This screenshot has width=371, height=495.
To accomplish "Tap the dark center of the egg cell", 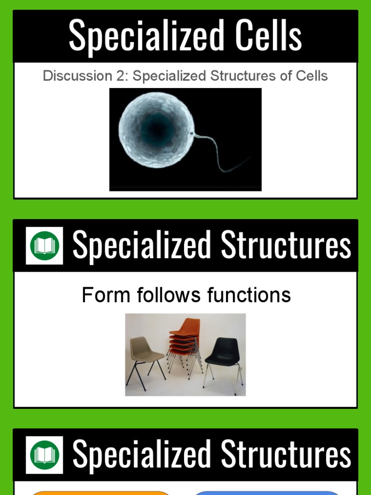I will point(156,128).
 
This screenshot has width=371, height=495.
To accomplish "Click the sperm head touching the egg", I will point(193,134).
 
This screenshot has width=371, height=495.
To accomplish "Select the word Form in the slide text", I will point(100,295).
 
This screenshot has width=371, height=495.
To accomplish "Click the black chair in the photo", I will point(223,358).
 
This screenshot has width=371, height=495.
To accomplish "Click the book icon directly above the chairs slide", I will point(44,246).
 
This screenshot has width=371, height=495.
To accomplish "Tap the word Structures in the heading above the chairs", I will point(286,246).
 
